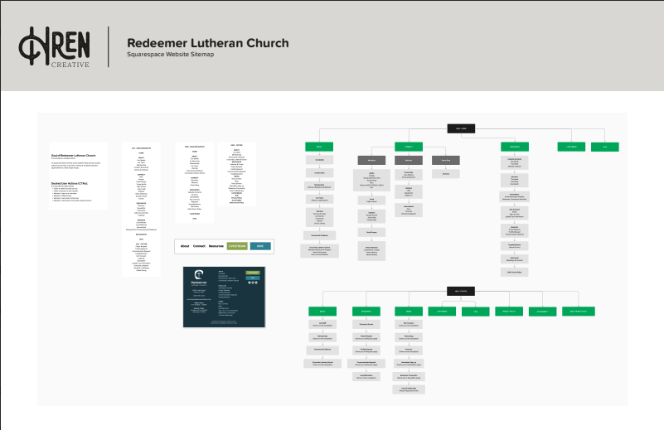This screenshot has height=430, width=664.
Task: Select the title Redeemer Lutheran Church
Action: [207, 43]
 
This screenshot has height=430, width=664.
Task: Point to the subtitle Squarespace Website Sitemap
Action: [170, 55]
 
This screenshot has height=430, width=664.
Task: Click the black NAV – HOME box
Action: [461, 128]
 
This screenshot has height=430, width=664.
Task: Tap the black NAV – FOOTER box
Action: [461, 291]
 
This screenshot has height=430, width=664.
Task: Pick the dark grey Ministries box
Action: [371, 159]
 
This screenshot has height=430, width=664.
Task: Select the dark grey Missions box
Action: [409, 159]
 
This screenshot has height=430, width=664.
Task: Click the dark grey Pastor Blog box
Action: [445, 159]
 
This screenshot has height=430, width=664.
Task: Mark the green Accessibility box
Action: [542, 312]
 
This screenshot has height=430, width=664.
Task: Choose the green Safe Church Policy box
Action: [579, 312]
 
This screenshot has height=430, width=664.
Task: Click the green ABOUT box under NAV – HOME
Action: [319, 147]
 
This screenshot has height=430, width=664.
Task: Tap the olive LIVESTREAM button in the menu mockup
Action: [237, 246]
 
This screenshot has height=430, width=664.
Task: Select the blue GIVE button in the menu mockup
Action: [260, 246]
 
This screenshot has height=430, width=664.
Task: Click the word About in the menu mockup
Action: [186, 246]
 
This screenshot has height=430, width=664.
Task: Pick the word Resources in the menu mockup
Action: [216, 246]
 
